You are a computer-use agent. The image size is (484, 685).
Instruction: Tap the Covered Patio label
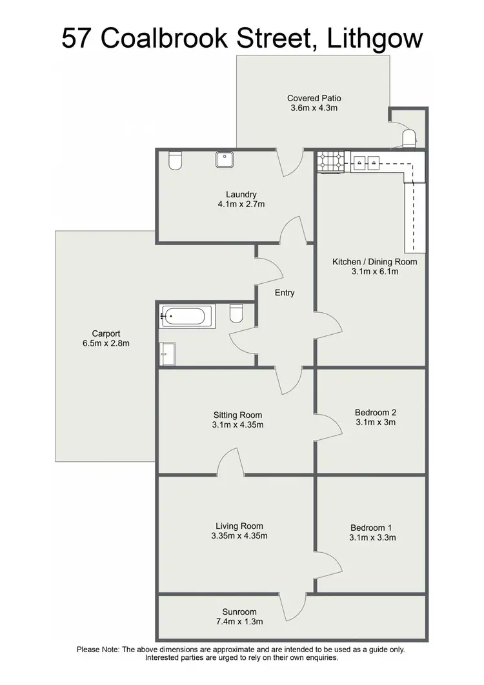pos(314,98)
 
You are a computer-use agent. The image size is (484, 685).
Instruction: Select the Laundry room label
pos(241,194)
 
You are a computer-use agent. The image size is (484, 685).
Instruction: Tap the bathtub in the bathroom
pos(186,316)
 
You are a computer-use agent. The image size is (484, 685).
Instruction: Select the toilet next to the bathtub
pos(236,313)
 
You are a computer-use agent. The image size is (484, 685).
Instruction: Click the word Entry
pos(285,293)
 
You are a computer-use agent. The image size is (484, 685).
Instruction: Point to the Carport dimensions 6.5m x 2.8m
pos(106,343)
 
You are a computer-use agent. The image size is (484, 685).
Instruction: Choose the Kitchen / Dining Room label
pos(374,262)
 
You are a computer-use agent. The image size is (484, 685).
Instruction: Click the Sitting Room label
pos(238,415)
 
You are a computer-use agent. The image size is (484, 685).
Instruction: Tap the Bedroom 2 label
pos(376,413)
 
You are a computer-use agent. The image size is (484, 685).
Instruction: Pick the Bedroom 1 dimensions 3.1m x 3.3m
pos(373,537)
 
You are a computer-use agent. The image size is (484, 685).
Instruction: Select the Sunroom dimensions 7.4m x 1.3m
pos(239,622)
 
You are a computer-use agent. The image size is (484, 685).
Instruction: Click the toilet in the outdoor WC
pos(408,138)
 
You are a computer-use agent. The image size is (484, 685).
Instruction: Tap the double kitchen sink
pos(366,163)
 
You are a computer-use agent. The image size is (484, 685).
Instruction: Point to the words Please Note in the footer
pos(97,650)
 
